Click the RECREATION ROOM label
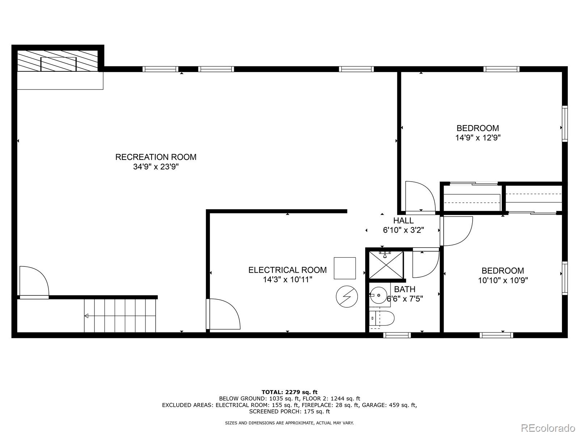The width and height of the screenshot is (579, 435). (x=156, y=157)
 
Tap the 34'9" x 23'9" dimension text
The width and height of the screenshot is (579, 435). (x=156, y=167)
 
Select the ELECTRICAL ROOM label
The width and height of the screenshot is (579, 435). (x=288, y=270)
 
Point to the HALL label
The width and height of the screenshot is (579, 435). (x=403, y=220)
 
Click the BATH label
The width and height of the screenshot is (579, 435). (x=405, y=289)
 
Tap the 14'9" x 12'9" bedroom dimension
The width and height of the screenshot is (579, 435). (x=478, y=138)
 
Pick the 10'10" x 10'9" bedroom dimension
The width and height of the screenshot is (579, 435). (x=503, y=280)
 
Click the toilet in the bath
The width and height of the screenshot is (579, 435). (x=381, y=318)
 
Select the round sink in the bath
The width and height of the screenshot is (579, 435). (x=379, y=295)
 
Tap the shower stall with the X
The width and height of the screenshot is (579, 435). (x=386, y=265)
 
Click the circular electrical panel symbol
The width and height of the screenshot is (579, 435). (x=347, y=296)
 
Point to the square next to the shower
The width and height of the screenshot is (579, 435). (x=345, y=268)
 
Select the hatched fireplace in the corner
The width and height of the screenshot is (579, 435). (x=58, y=61)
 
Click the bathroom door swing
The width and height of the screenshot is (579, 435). (x=426, y=262)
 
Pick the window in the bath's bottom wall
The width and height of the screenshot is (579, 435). (x=397, y=335)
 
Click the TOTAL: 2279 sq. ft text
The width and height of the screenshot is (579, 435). (x=289, y=392)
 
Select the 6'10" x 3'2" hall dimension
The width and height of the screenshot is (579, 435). (x=403, y=230)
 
